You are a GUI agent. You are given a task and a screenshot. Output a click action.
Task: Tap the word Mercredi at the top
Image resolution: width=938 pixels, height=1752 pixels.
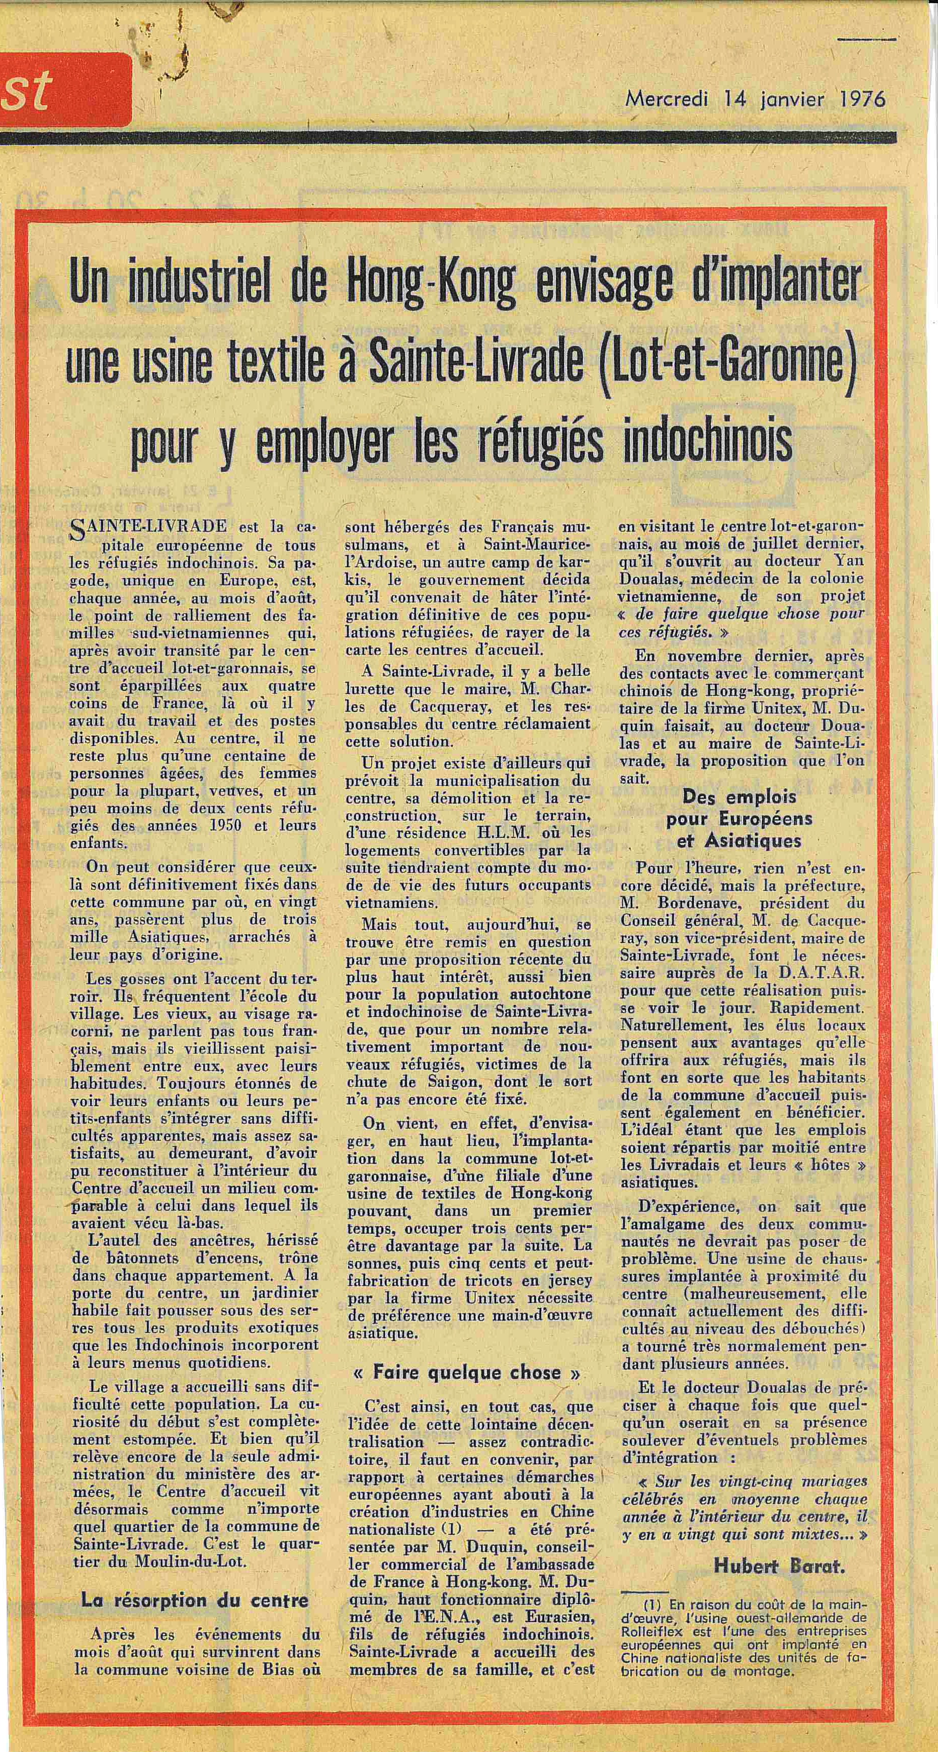[666, 99]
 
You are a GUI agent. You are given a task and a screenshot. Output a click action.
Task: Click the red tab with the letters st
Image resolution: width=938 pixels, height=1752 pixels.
[65, 91]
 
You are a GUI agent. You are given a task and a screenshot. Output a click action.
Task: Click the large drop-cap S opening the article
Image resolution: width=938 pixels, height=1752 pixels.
[78, 530]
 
